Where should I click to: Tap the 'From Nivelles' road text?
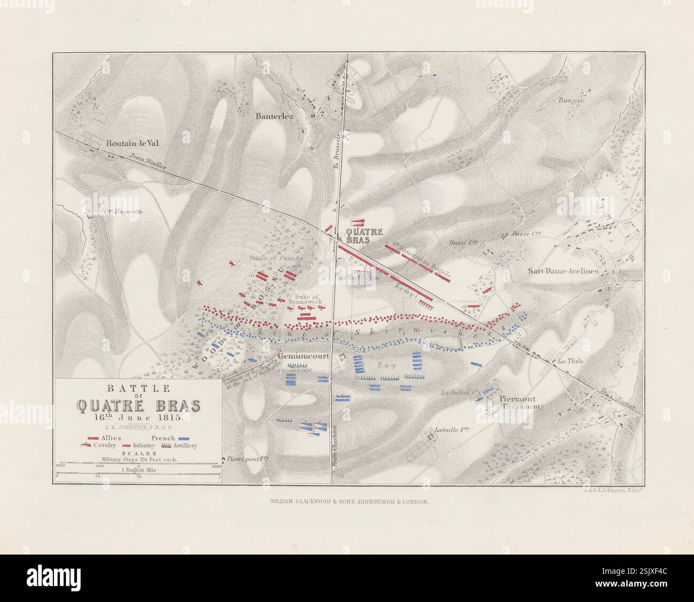[x=148, y=160]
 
